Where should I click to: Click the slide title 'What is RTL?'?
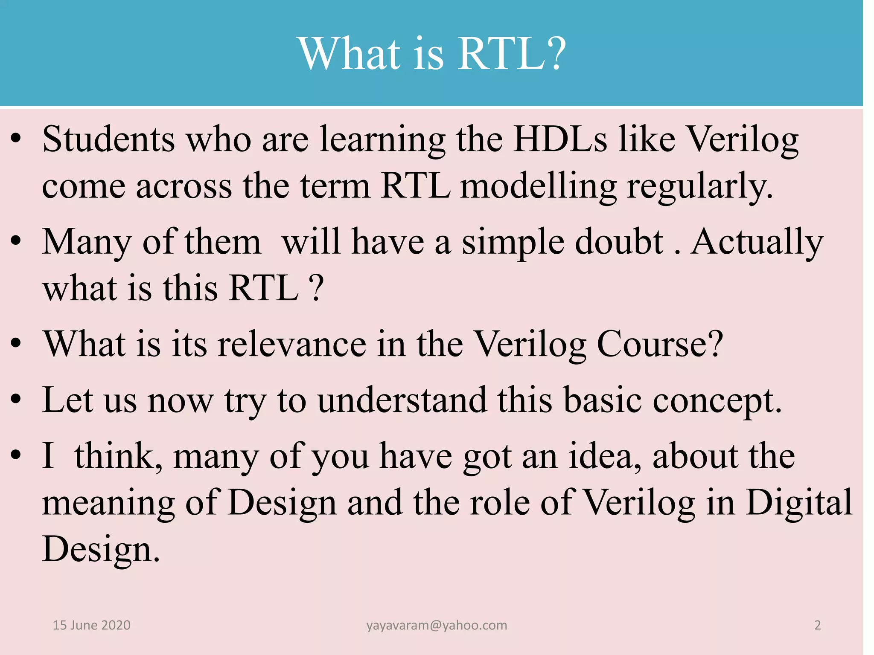pyautogui.click(x=431, y=54)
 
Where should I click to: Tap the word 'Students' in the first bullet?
pyautogui.click(x=108, y=139)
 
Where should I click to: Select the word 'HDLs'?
pyautogui.click(x=560, y=139)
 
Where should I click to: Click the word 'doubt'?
pyautogui.click(x=619, y=242)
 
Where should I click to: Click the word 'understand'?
pyautogui.click(x=402, y=400)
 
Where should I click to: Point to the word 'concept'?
pyautogui.click(x=717, y=400)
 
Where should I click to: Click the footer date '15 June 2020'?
pyautogui.click(x=91, y=625)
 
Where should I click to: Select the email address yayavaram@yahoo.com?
pyautogui.click(x=437, y=625)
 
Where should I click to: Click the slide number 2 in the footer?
pyautogui.click(x=817, y=625)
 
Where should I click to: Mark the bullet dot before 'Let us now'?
pyautogui.click(x=16, y=400)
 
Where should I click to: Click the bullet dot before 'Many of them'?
pyautogui.click(x=16, y=242)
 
